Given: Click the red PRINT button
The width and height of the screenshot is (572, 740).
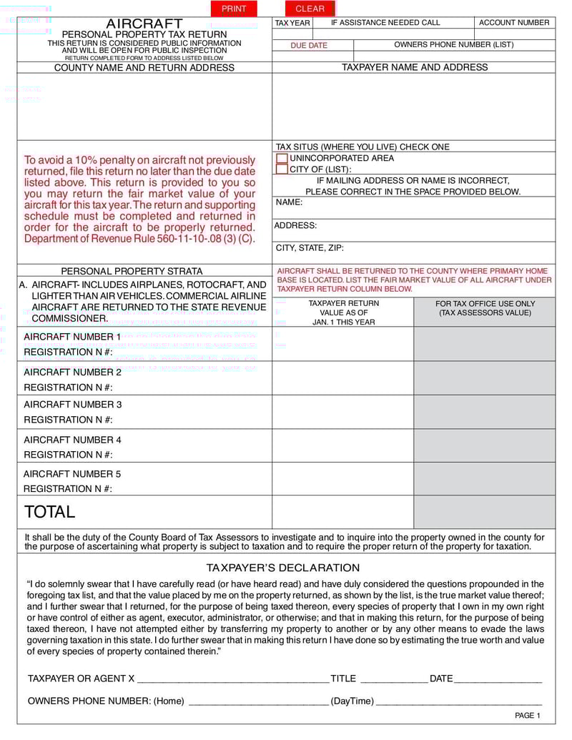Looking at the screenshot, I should click(234, 9).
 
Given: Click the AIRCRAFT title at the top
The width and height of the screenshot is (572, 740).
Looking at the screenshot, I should click(144, 24).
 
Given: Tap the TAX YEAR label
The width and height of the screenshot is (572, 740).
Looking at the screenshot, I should click(292, 23).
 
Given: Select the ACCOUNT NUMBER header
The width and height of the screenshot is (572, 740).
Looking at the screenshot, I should click(514, 23).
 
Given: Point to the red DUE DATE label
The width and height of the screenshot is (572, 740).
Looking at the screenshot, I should click(309, 45).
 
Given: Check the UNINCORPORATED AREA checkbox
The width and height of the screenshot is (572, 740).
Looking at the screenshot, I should click(282, 159).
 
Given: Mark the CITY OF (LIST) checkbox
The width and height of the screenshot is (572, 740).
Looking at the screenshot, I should click(282, 169).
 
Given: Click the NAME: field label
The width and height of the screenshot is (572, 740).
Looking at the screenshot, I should click(289, 202).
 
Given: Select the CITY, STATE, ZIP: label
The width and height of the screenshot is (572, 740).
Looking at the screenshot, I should click(310, 248).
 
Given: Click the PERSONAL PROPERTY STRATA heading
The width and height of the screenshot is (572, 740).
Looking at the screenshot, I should click(132, 272).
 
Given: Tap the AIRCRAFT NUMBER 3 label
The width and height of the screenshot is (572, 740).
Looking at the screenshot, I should click(72, 405).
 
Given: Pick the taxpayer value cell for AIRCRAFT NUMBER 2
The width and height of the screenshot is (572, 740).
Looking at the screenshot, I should click(342, 378).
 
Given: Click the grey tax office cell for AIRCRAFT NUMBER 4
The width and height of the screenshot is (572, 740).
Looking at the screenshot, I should click(484, 445).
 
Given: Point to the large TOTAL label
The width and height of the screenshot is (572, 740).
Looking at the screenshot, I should click(49, 512).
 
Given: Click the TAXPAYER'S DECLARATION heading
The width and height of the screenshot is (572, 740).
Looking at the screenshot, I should click(283, 568).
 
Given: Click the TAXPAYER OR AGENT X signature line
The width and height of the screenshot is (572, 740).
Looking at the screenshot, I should click(232, 679).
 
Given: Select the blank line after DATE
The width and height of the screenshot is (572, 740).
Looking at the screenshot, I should click(498, 679).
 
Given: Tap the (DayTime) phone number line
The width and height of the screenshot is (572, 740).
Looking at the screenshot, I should click(458, 701).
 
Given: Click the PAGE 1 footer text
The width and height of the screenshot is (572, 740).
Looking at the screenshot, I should click(528, 716).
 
